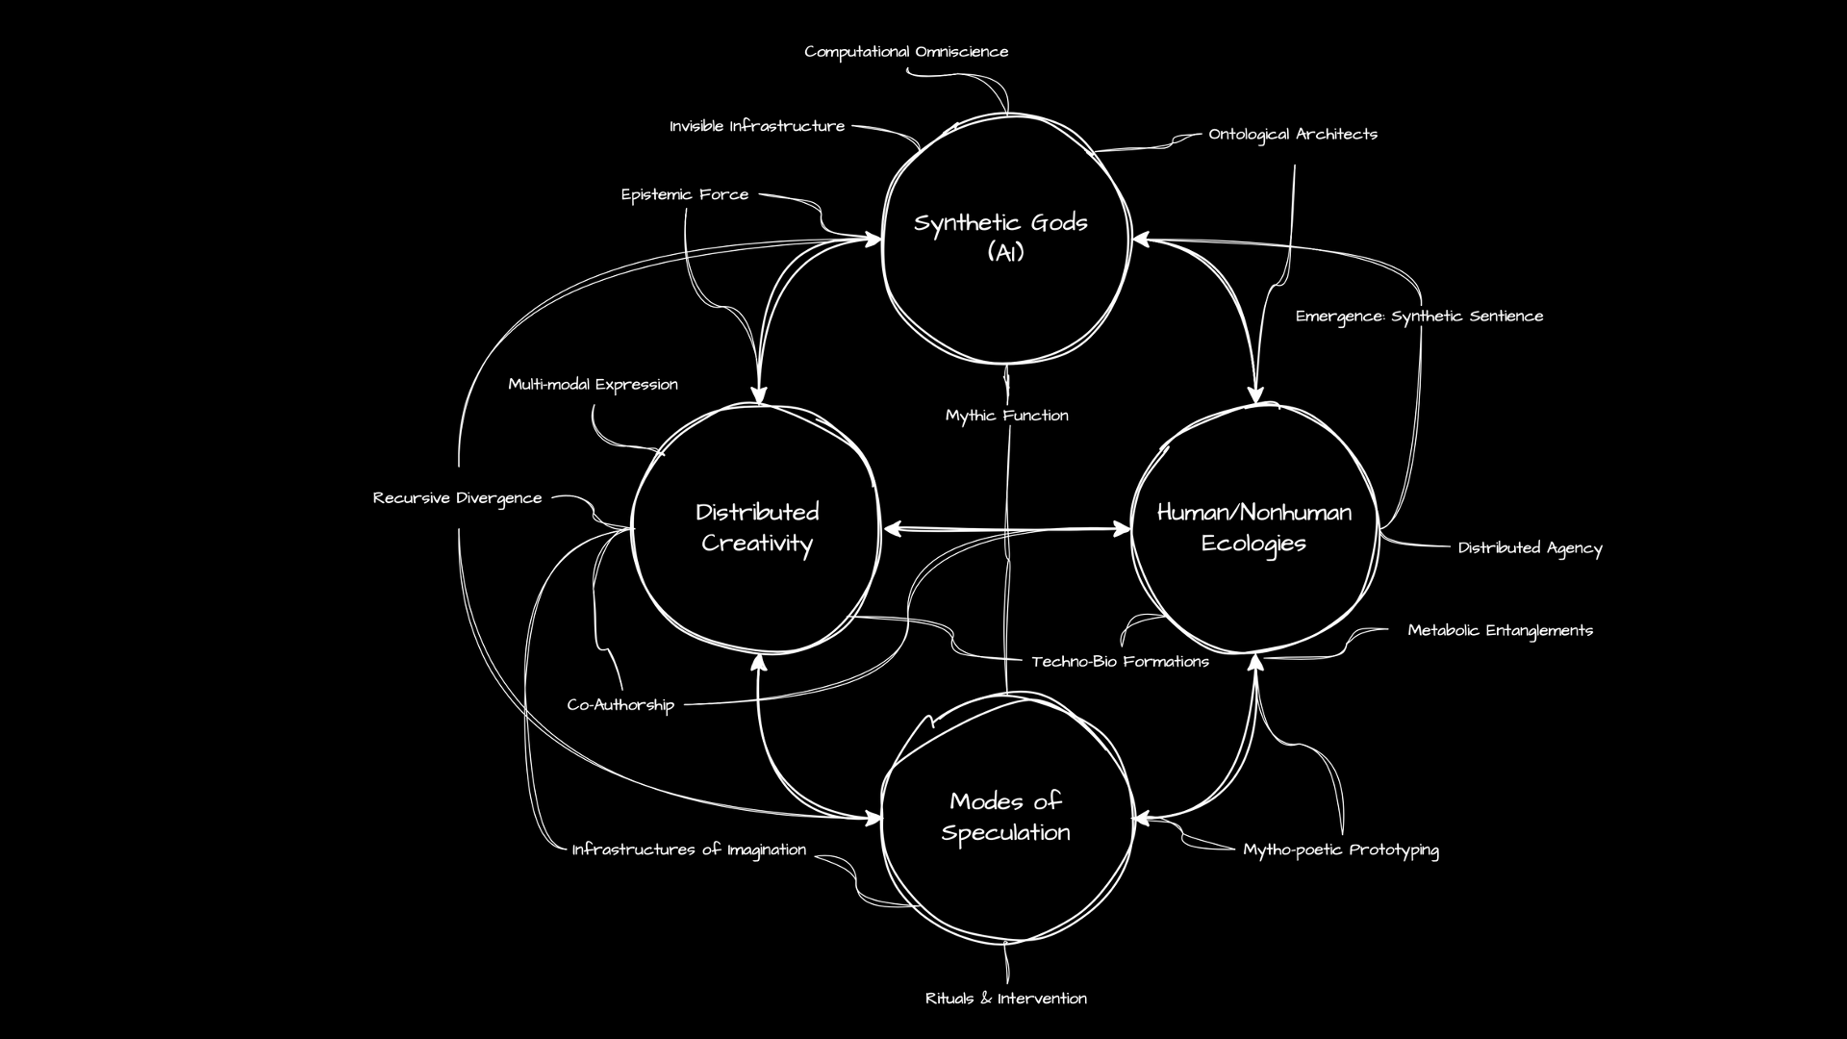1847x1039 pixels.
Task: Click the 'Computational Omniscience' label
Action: pyautogui.click(x=906, y=52)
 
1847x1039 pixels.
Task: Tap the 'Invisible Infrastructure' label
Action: pyautogui.click(x=757, y=126)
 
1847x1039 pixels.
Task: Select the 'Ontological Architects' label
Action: pyautogui.click(x=1293, y=134)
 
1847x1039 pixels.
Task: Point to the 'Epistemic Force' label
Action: pyautogui.click(x=684, y=194)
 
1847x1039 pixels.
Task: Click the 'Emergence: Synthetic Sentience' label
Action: pyautogui.click(x=1419, y=317)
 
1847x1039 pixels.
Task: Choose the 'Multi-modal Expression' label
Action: pyautogui.click(x=593, y=385)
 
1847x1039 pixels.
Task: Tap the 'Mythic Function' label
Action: pyautogui.click(x=1006, y=416)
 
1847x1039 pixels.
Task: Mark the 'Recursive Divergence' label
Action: pyautogui.click(x=457, y=498)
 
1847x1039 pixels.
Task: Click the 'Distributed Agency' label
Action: pyautogui.click(x=1530, y=548)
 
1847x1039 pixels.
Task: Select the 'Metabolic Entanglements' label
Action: pyautogui.click(x=1500, y=631)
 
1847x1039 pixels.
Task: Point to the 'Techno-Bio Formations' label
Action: pyautogui.click(x=1120, y=662)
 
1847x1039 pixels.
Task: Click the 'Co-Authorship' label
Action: pyautogui.click(x=620, y=705)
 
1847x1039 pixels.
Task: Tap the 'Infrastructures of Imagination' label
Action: pyautogui.click(x=689, y=849)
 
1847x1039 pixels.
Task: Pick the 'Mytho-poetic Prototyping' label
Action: pyautogui.click(x=1341, y=849)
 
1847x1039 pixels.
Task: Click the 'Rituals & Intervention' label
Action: pyautogui.click(x=1006, y=999)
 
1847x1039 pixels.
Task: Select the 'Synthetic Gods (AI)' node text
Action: pyautogui.click(x=1000, y=237)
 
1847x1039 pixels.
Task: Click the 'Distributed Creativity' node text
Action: pyautogui.click(x=757, y=527)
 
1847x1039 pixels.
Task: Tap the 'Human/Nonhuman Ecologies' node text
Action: pyautogui.click(x=1253, y=527)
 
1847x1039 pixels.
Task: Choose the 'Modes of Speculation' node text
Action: pyautogui.click(x=1005, y=817)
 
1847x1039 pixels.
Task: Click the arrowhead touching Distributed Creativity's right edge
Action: pyautogui.click(x=890, y=528)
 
